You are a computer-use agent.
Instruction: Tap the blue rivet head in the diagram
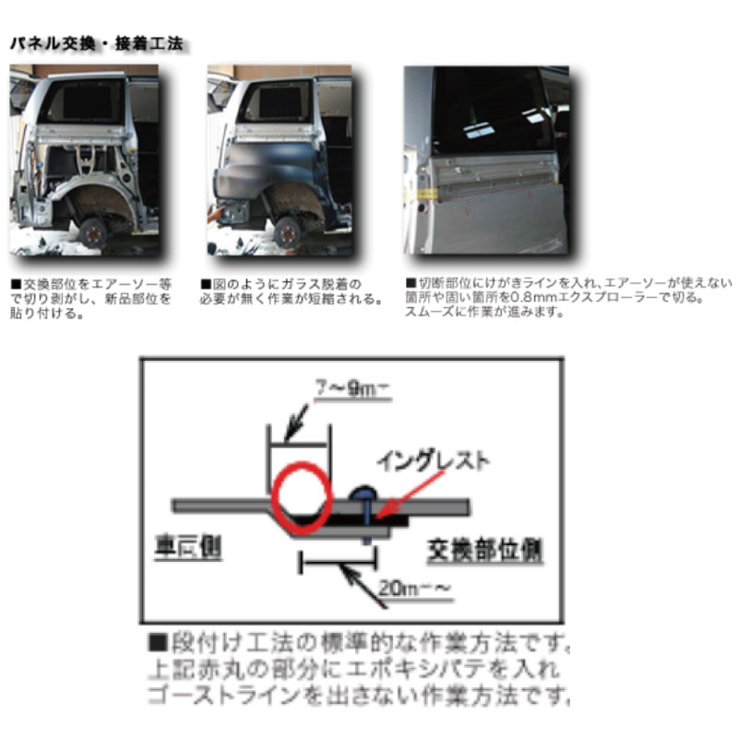coord(363,494)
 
